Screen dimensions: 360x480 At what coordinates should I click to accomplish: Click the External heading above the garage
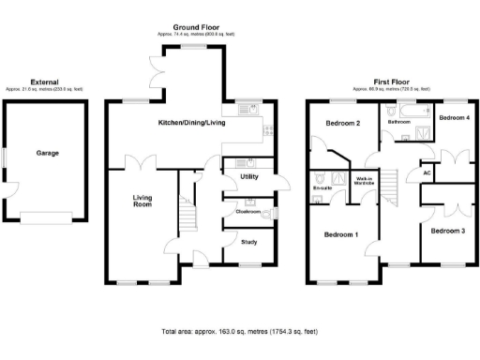[x=45, y=82]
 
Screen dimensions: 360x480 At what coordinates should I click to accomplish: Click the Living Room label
[x=142, y=202]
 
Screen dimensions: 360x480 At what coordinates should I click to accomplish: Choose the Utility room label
[x=249, y=176]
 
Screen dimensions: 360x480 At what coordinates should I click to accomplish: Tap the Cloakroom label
[x=248, y=211]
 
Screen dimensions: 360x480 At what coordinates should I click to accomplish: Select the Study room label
[x=249, y=243]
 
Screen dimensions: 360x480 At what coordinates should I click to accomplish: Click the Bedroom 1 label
[x=342, y=234]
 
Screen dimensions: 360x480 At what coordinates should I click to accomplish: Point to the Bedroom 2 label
[x=342, y=124]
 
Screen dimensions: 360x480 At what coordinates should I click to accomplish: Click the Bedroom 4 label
[x=454, y=118]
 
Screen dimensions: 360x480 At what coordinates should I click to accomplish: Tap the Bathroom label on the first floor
[x=399, y=122]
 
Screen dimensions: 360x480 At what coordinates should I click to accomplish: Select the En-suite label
[x=322, y=188]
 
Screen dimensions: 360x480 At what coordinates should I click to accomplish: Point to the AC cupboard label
[x=427, y=172]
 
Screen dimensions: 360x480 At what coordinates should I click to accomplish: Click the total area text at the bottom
[x=240, y=332]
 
